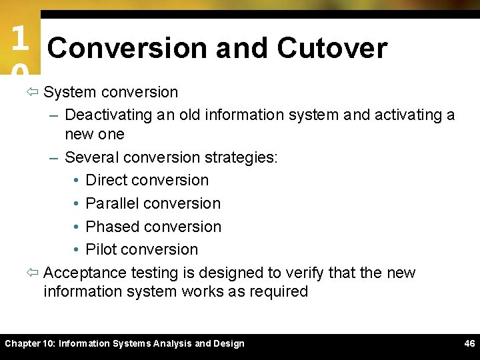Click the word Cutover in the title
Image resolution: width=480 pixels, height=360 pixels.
click(332, 48)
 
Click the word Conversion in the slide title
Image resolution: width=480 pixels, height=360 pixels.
click(127, 48)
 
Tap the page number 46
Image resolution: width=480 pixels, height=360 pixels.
click(469, 343)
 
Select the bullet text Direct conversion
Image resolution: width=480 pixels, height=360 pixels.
click(147, 180)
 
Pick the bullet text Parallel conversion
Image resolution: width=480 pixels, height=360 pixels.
click(153, 203)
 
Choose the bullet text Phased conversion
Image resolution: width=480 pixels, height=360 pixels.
click(153, 227)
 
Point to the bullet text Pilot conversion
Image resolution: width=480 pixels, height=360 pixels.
click(141, 249)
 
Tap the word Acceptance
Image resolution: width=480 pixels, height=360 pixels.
click(85, 273)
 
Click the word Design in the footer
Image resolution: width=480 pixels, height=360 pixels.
click(228, 343)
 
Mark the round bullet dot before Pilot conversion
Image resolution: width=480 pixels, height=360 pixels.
click(77, 249)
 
